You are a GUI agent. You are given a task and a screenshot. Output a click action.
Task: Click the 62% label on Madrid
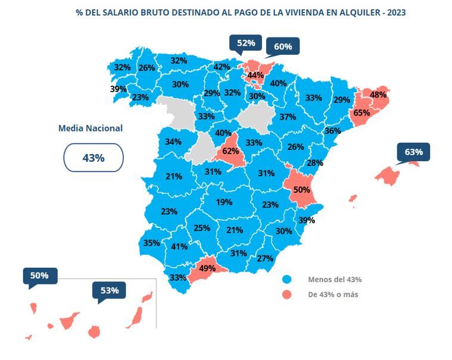[230, 151]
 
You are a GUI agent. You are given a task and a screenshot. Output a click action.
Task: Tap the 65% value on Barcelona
[362, 112]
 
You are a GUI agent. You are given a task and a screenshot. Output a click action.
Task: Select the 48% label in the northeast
[378, 95]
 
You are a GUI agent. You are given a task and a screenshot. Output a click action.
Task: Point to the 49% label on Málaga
[207, 268]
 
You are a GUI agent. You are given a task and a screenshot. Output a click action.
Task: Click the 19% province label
[224, 202]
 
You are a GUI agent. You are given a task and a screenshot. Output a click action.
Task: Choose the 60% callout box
[282, 46]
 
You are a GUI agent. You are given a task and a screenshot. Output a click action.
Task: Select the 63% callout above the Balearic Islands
[413, 152]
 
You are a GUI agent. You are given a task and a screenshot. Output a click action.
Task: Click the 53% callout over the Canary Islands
[110, 290]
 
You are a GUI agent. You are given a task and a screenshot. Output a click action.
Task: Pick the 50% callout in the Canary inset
[39, 276]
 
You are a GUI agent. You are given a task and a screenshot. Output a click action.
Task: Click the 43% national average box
[93, 158]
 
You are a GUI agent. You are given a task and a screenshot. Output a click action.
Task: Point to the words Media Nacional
[91, 128]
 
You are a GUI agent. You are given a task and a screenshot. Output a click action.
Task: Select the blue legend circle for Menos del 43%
[287, 279]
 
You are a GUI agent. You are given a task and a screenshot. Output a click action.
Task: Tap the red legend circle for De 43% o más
[287, 295]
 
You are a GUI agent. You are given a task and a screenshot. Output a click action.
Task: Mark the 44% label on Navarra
[255, 75]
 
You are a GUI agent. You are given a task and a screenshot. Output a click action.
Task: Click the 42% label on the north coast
[222, 67]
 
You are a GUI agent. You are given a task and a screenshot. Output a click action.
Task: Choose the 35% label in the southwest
[151, 243]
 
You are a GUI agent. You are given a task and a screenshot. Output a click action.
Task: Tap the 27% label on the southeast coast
[264, 258]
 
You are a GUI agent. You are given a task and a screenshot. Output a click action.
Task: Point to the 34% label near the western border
[173, 142]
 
